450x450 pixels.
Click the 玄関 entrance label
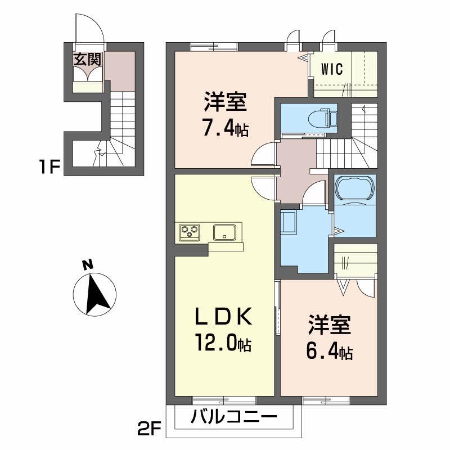[x=87, y=59]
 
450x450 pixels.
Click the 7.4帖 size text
[x=226, y=129]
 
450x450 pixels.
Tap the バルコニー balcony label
[x=233, y=417]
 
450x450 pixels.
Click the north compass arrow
[x=95, y=294]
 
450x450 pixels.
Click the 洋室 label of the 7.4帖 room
[x=224, y=103]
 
